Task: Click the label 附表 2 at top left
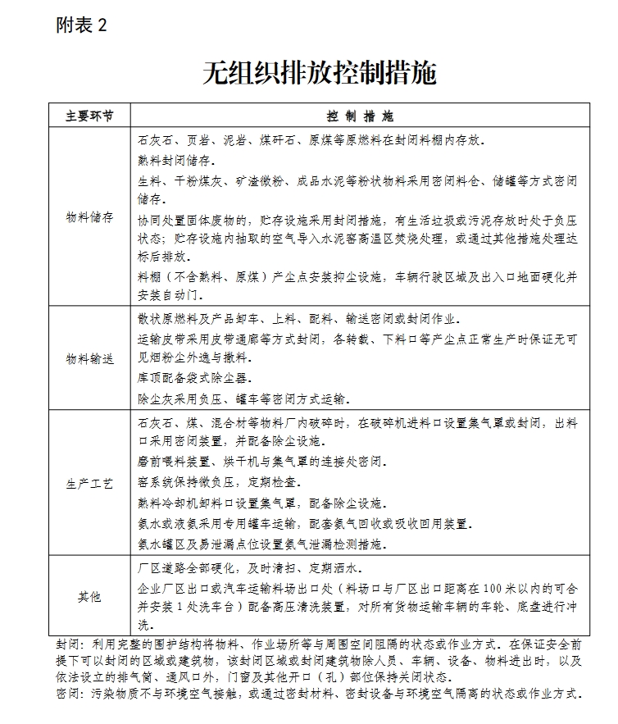(x=81, y=25)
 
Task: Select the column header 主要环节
(x=89, y=115)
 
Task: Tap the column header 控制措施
(x=359, y=115)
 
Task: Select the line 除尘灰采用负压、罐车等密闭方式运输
(x=244, y=399)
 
